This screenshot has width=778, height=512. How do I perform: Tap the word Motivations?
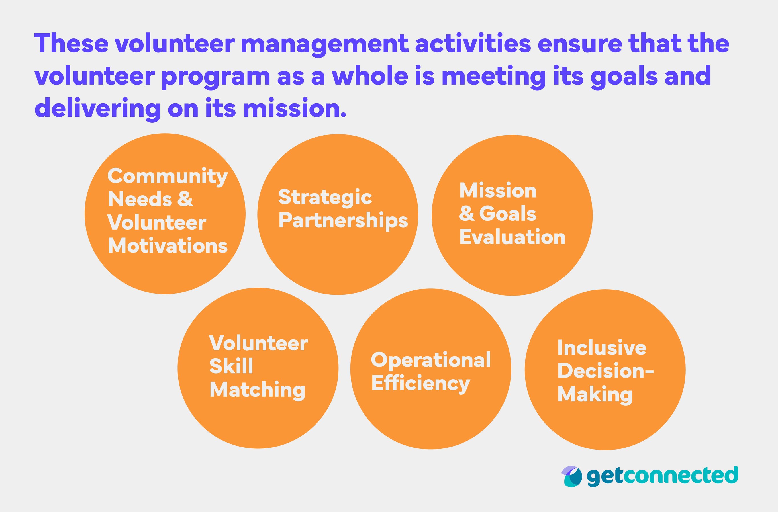[x=168, y=246]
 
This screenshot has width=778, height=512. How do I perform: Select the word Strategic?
[x=325, y=197]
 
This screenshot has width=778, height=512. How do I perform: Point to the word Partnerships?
[x=343, y=221]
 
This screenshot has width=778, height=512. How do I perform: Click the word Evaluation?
[x=512, y=237]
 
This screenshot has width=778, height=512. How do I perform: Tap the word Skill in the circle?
[x=231, y=366]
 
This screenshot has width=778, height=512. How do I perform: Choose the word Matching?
[x=257, y=390]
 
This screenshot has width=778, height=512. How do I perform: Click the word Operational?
[x=430, y=360]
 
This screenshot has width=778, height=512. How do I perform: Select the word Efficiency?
[x=420, y=384]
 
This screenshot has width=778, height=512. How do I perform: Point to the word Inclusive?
[x=601, y=348]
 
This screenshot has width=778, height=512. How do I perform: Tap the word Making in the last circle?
[x=595, y=395]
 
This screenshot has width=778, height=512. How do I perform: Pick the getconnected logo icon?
[x=572, y=476]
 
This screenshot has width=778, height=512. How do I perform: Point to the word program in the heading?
[x=216, y=76]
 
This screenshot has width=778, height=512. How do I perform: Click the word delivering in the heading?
[x=97, y=109]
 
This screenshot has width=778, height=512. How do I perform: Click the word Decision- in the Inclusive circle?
[x=605, y=371]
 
